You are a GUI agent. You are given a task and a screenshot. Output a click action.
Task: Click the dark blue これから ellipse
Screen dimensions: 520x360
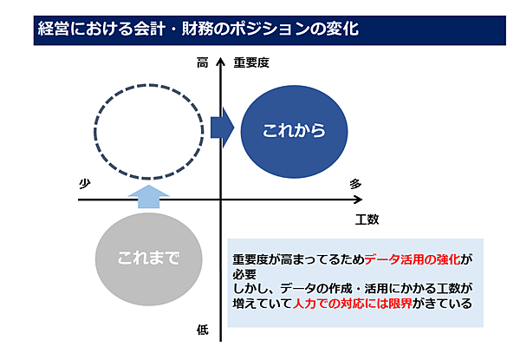click(294, 131)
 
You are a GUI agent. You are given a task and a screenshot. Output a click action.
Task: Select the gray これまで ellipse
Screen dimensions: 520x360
click(148, 259)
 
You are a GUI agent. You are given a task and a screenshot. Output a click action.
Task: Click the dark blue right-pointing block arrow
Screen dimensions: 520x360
click(222, 128)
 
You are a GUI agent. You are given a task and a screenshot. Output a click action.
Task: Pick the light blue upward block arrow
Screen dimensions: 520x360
click(148, 196)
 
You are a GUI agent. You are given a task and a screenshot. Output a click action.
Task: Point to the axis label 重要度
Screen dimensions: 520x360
click(251, 62)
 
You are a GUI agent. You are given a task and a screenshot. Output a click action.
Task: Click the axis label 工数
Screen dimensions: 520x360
click(367, 219)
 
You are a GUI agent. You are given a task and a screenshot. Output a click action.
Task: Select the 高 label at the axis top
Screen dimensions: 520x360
click(202, 62)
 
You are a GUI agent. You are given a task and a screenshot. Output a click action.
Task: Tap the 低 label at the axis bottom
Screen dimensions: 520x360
click(203, 330)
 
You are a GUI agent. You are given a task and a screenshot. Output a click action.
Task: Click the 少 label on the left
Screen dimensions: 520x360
click(85, 184)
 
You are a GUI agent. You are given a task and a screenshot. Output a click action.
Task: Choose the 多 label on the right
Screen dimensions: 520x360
click(355, 184)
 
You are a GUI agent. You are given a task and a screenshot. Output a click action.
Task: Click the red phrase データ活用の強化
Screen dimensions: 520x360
click(413, 259)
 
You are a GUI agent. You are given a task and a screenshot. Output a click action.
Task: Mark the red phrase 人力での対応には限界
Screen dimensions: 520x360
click(353, 304)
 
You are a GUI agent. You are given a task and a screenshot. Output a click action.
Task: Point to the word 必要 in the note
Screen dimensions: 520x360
click(244, 274)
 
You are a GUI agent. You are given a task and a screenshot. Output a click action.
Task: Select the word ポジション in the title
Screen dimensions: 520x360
click(270, 29)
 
